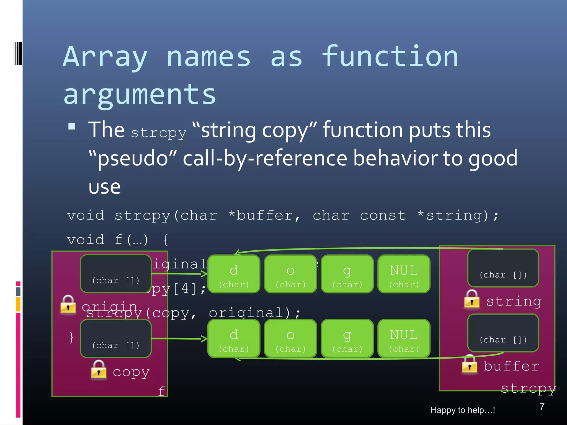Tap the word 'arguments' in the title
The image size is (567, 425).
(x=140, y=95)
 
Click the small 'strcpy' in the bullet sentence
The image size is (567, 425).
(x=158, y=133)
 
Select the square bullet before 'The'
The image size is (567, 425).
(x=72, y=126)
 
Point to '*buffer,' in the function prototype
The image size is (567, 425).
(x=264, y=216)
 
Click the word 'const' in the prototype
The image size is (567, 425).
(x=383, y=216)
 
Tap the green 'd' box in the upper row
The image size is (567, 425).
(x=234, y=274)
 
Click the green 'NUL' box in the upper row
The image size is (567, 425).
(x=404, y=274)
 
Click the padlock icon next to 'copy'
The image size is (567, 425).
(x=99, y=370)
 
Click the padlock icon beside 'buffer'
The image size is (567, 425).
(x=470, y=364)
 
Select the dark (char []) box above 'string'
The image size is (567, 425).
(x=503, y=268)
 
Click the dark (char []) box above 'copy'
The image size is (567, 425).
(x=116, y=338)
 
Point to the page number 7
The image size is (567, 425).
(x=542, y=407)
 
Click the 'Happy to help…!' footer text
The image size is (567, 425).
(x=463, y=410)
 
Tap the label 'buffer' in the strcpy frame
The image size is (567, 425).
(x=511, y=366)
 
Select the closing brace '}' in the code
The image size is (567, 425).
(x=71, y=337)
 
